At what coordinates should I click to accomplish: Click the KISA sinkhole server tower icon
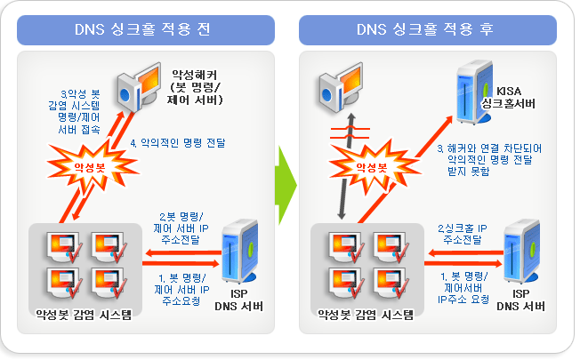point(472,92)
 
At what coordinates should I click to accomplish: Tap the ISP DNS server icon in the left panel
point(237,251)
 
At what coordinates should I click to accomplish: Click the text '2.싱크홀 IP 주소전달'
point(462,234)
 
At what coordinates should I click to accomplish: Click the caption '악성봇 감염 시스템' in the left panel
point(82,314)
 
